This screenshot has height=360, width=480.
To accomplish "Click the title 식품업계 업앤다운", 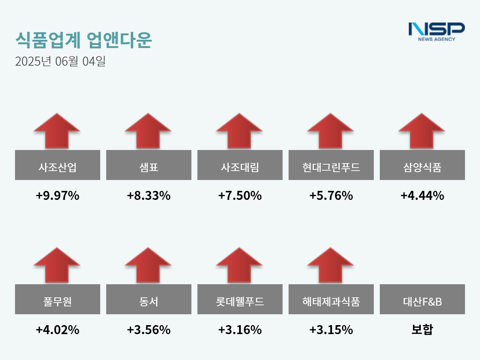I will click(x=83, y=40).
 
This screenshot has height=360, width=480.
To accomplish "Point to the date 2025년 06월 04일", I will click(x=60, y=61).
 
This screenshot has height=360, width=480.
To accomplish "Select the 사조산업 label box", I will click(x=57, y=165).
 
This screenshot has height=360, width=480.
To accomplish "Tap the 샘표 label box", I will click(x=148, y=165).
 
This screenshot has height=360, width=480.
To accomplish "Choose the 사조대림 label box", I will click(x=240, y=165).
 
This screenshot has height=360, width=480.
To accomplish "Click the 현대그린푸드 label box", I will click(x=331, y=165).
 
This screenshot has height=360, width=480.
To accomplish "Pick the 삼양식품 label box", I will click(x=422, y=165).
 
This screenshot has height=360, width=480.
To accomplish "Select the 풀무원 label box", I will click(x=57, y=299).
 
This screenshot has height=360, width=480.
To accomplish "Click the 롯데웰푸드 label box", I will click(x=240, y=299).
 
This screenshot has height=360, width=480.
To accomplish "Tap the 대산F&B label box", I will click(x=422, y=299).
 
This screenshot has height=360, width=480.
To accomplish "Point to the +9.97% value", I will click(x=57, y=195).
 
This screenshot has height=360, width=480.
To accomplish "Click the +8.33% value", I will click(x=148, y=195).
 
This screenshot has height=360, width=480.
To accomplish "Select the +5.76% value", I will click(x=331, y=195).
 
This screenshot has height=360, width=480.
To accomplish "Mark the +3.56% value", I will click(x=148, y=330).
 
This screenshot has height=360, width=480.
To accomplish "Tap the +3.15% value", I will click(x=331, y=330).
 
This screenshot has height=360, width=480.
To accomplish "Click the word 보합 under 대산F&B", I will click(x=422, y=329).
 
